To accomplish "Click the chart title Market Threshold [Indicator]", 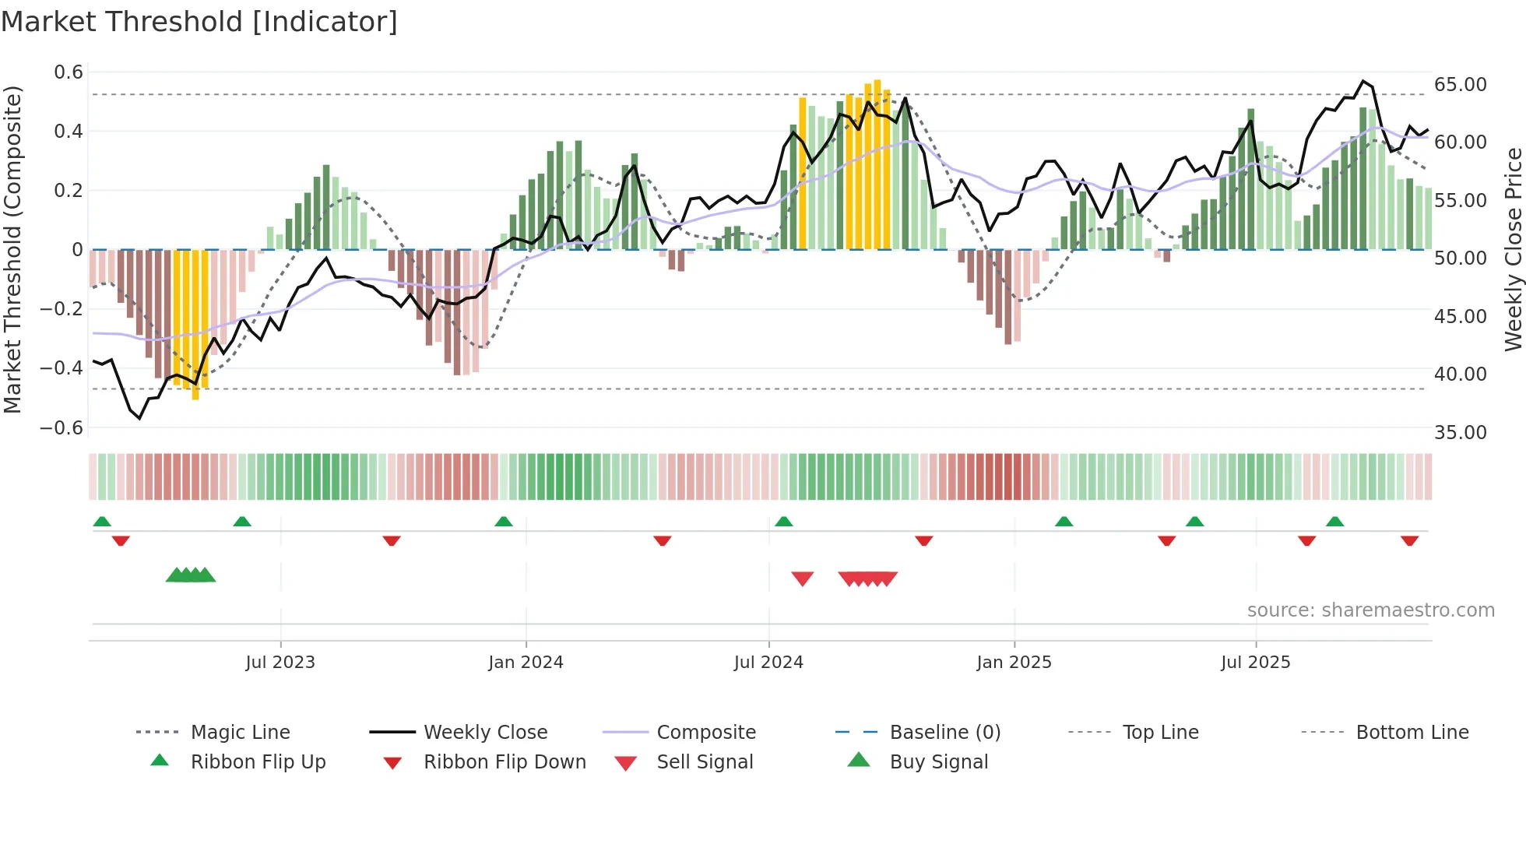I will pyautogui.click(x=199, y=22).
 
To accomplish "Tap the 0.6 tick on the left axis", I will pyautogui.click(x=69, y=72).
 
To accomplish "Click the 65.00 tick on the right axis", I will pyautogui.click(x=1460, y=84).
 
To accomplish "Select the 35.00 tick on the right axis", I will pyautogui.click(x=1460, y=432).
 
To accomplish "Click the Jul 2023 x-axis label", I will pyautogui.click(x=280, y=663).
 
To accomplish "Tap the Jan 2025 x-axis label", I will pyautogui.click(x=1014, y=663).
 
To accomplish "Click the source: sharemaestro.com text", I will pyautogui.click(x=1370, y=610).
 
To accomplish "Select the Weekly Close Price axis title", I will pyautogui.click(x=1512, y=249).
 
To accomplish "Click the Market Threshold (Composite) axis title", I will pyautogui.click(x=12, y=249).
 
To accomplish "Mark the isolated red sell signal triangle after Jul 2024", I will pyautogui.click(x=802, y=578).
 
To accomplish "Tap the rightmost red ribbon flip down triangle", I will pyautogui.click(x=1409, y=540).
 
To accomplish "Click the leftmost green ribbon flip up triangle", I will pyautogui.click(x=102, y=522).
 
